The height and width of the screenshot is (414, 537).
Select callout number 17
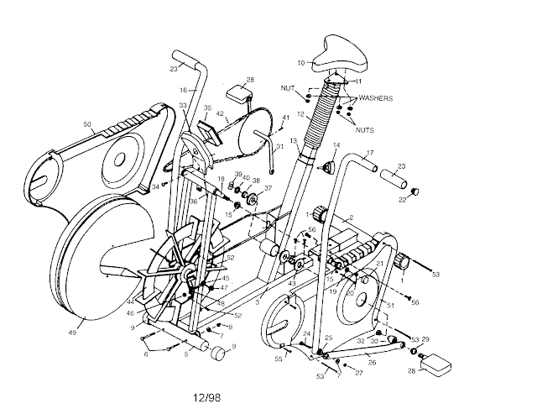pos(369,153)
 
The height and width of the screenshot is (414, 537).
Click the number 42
pos(220,113)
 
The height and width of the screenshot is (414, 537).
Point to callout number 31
pos(279,148)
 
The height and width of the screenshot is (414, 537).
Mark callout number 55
pos(279,359)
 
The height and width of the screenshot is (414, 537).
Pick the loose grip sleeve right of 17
pos(395,179)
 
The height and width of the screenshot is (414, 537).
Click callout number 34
pos(155,186)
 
